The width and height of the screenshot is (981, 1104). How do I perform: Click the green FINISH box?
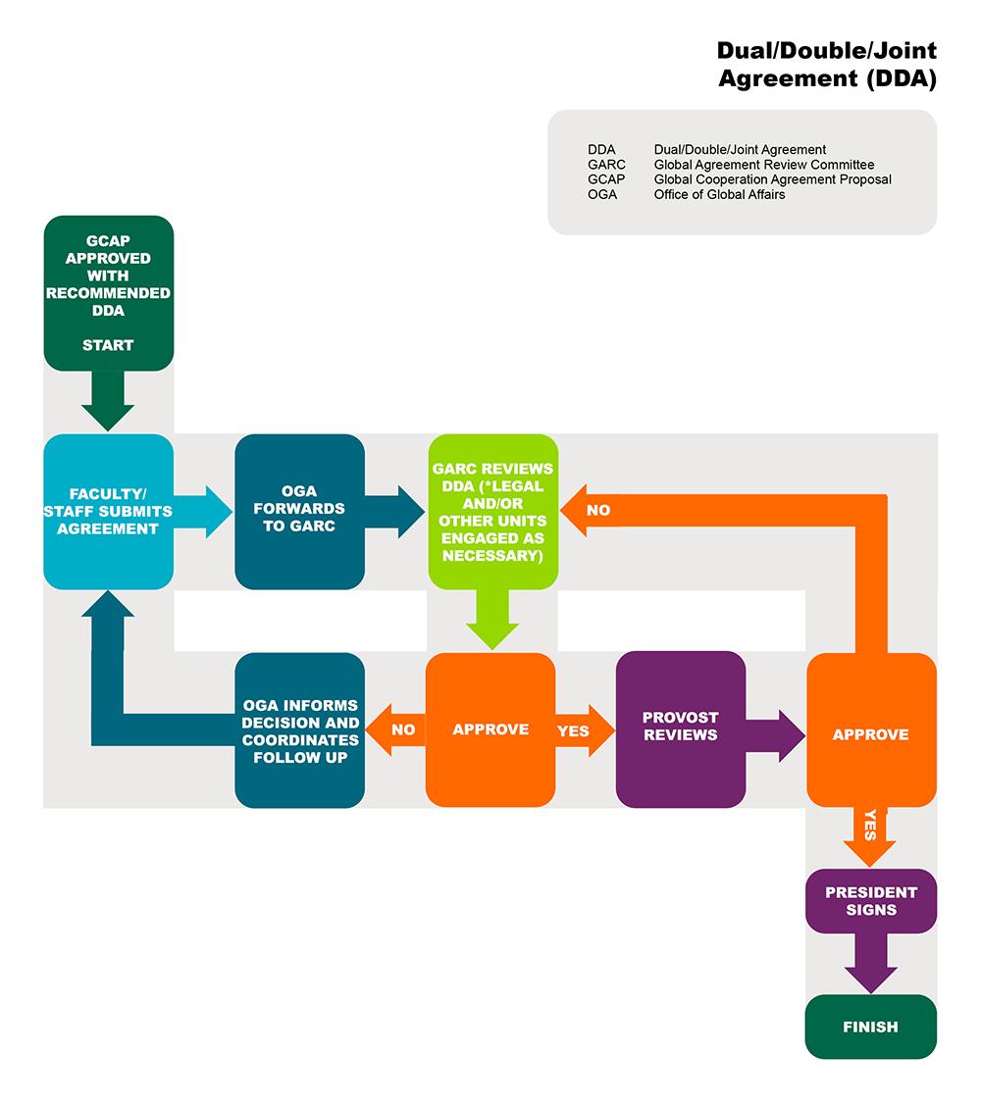pyautogui.click(x=870, y=1027)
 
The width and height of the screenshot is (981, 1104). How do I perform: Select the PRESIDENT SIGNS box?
pyautogui.click(x=870, y=900)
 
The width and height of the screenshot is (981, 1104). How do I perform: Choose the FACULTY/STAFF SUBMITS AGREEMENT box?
pyautogui.click(x=108, y=512)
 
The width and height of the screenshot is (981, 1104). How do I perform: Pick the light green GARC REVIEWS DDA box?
pyautogui.click(x=492, y=512)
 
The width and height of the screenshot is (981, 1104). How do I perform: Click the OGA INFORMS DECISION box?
pyautogui.click(x=299, y=729)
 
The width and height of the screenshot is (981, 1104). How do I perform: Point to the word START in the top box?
pyautogui.click(x=108, y=345)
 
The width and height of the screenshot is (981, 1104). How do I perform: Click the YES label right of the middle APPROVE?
pyautogui.click(x=573, y=730)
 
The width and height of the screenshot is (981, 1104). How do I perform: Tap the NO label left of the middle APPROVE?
pyautogui.click(x=403, y=730)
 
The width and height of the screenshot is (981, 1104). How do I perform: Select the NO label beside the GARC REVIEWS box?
pyautogui.click(x=597, y=511)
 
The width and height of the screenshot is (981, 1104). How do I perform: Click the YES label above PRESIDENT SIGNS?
pyautogui.click(x=870, y=827)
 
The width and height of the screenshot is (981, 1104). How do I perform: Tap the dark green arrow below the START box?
pyautogui.click(x=108, y=402)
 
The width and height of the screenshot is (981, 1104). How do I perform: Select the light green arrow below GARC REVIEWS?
pyautogui.click(x=492, y=620)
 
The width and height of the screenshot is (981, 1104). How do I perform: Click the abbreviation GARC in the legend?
pyautogui.click(x=606, y=165)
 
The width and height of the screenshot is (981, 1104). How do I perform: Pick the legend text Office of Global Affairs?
pyautogui.click(x=719, y=194)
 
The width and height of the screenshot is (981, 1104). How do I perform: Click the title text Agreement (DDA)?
pyautogui.click(x=827, y=79)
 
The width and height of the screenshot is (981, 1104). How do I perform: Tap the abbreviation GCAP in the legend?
pyautogui.click(x=606, y=179)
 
